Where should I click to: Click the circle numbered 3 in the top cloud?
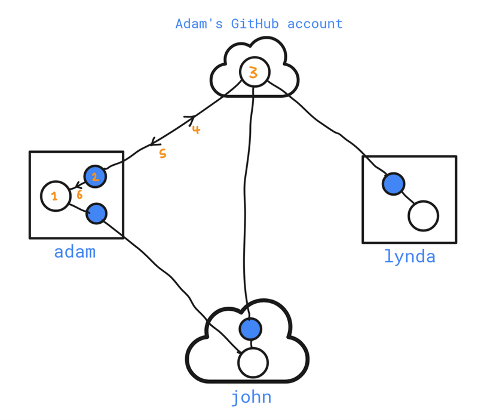[255, 73]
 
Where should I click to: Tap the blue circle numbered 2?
[94, 176]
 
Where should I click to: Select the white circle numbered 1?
[55, 196]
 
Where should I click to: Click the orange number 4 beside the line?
[196, 129]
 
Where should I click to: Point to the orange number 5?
[162, 154]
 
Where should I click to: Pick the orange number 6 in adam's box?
[79, 194]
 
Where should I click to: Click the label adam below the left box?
[75, 252]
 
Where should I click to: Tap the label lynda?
[409, 257]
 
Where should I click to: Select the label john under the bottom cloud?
[252, 397]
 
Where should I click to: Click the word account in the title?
[315, 24]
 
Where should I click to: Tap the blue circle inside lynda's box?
[393, 183]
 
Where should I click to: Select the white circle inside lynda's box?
[423, 216]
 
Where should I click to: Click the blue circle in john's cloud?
[250, 328]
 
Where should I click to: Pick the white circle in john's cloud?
[253, 362]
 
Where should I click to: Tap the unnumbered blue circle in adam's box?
[97, 213]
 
